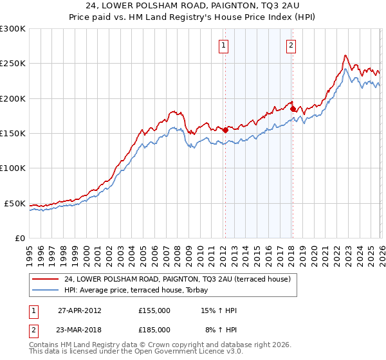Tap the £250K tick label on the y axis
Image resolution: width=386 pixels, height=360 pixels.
12,64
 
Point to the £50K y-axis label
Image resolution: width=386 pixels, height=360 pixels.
14,203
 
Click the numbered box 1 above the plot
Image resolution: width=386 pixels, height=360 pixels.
223,45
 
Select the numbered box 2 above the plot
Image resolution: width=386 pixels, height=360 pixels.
291,45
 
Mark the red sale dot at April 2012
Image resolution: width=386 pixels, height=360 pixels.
225,130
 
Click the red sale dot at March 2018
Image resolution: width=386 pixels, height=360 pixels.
293,109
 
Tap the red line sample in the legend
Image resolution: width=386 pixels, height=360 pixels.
46,279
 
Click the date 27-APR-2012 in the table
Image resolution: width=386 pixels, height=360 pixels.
79,310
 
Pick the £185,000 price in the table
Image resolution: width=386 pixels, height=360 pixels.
154,330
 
